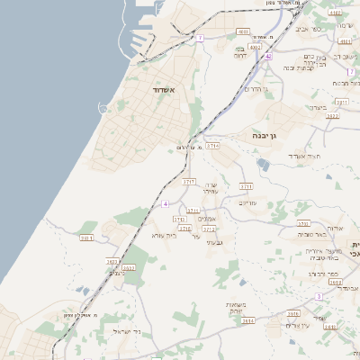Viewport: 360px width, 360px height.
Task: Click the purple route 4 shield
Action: (166, 204)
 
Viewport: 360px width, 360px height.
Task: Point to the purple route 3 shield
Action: (319, 295)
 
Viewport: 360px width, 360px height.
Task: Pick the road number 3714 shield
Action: (212, 144)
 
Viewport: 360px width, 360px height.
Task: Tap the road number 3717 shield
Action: (189, 181)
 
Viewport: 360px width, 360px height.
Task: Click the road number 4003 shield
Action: (256, 46)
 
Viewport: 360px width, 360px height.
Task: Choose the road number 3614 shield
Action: (247, 319)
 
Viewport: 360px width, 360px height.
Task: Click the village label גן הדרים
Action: (256, 88)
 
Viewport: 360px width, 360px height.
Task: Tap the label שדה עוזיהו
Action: (207, 187)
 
